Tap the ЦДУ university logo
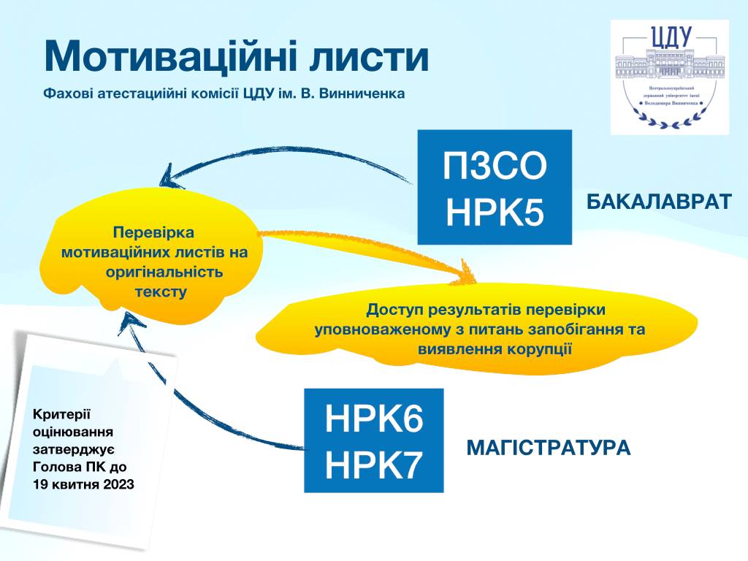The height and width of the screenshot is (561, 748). pos(669,77)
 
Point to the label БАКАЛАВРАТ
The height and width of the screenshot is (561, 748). pos(659,202)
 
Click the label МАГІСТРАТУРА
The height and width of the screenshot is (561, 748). pos(548,447)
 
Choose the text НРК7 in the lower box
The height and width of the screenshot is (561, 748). pos(373,465)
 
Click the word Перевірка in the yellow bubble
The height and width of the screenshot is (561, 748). pos(153,233)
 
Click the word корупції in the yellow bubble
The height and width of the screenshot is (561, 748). pos(536,348)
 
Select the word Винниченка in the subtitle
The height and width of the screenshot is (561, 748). pos(367,93)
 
